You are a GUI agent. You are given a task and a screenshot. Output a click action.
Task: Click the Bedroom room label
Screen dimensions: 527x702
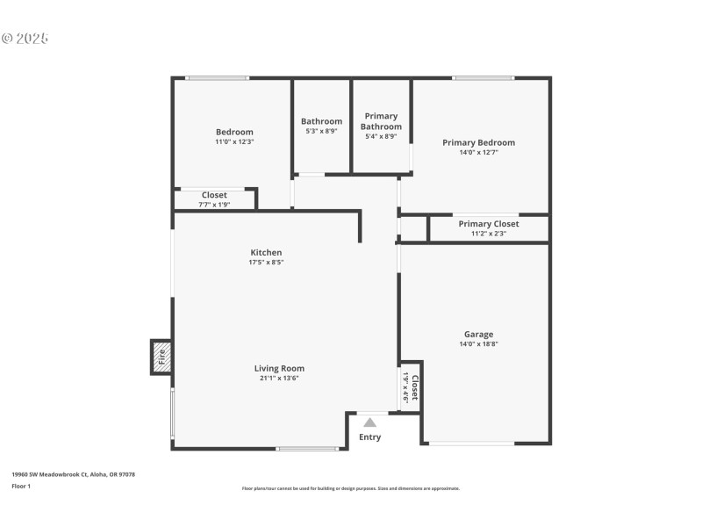(234, 132)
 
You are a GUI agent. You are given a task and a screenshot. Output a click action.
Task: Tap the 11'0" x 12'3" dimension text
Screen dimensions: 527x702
(234, 141)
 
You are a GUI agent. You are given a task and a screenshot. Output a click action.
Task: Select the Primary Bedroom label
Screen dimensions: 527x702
(478, 142)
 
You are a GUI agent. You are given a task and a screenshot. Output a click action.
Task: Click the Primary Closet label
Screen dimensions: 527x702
(488, 224)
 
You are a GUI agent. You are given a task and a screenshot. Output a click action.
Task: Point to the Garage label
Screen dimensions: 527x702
(478, 334)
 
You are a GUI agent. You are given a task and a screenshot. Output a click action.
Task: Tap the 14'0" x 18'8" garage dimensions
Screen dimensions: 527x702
(478, 343)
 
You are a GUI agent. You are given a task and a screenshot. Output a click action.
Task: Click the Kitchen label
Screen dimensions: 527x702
(266, 252)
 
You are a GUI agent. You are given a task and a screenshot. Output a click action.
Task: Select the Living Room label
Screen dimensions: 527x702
(279, 368)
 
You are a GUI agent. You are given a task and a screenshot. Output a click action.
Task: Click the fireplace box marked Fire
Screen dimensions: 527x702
(161, 357)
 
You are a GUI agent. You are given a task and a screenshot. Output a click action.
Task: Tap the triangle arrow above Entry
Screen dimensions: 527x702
(370, 422)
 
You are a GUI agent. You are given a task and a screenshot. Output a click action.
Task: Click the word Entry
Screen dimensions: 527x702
(370, 437)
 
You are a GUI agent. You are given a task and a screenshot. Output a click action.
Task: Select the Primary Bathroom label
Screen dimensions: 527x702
(381, 121)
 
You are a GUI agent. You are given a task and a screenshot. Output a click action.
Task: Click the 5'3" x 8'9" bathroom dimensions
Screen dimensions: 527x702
(321, 132)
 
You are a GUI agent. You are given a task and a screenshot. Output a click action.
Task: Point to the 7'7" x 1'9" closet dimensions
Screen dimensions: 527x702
(214, 205)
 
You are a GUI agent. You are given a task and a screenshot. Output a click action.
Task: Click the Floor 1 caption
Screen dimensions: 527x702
(21, 486)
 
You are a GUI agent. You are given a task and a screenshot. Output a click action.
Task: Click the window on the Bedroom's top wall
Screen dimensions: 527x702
(217, 78)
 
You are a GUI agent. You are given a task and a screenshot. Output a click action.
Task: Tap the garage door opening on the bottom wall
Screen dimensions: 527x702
(471, 444)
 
